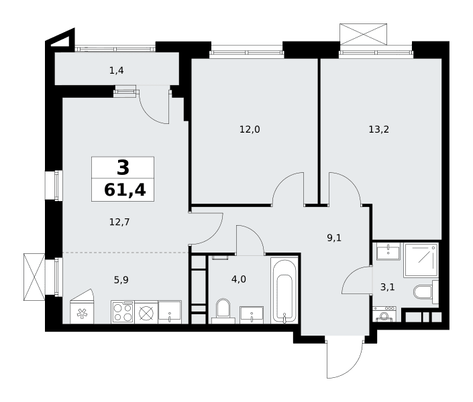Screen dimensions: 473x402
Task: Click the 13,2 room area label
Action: point(378,129)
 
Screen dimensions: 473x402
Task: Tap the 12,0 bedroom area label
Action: point(250,129)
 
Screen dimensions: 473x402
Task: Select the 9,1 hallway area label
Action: point(334,238)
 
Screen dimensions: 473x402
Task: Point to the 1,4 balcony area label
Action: point(117,70)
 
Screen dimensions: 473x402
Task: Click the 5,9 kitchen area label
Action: point(121,280)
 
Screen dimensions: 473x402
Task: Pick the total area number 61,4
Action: point(125,190)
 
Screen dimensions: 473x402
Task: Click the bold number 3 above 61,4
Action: point(123,167)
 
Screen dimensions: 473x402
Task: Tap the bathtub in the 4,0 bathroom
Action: point(284,290)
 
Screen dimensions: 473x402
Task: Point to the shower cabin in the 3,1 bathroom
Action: point(421,261)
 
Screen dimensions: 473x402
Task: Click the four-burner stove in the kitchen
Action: point(123,312)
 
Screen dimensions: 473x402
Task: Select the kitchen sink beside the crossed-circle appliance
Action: point(170,312)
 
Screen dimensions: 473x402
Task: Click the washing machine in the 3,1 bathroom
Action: point(384,314)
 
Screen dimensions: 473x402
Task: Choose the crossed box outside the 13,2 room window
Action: point(363,34)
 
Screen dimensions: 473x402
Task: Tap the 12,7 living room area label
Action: point(119,222)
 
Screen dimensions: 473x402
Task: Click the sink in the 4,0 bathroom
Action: point(252,315)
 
